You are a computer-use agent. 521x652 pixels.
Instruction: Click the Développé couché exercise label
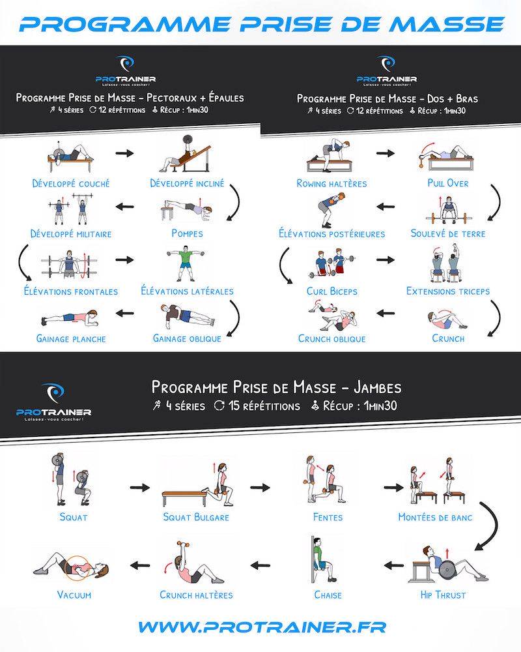pyautogui.click(x=71, y=183)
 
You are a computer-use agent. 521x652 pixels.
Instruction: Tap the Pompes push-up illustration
pyautogui.click(x=186, y=211)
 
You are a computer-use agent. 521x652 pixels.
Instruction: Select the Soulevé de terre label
pyautogui.click(x=448, y=233)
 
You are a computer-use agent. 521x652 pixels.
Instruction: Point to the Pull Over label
pyautogui.click(x=448, y=183)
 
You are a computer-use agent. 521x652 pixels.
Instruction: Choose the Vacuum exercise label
pyautogui.click(x=74, y=595)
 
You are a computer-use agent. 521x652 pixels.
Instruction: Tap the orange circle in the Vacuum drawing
pyautogui.click(x=77, y=568)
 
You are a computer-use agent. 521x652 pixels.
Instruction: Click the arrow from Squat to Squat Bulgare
pyautogui.click(x=139, y=487)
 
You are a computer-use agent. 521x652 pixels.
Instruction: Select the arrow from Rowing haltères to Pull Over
pyautogui.click(x=385, y=153)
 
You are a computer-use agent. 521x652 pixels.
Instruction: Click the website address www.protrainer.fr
pyautogui.click(x=262, y=627)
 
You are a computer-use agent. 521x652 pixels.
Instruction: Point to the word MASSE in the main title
pyautogui.click(x=447, y=24)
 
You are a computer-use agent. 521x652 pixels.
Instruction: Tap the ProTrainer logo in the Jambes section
pyautogui.click(x=53, y=402)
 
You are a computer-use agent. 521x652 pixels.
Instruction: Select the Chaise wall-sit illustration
pyautogui.click(x=322, y=560)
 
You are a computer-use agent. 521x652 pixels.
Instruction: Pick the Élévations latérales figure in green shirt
pyautogui.click(x=186, y=265)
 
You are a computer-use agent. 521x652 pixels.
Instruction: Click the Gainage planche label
pyautogui.click(x=71, y=338)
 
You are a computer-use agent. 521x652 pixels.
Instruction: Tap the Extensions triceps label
pyautogui.click(x=448, y=291)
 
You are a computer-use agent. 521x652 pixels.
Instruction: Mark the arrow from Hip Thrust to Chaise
pyautogui.click(x=393, y=565)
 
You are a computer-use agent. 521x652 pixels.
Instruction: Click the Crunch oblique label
pyautogui.click(x=332, y=338)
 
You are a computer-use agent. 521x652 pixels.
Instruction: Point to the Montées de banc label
pyautogui.click(x=435, y=517)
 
